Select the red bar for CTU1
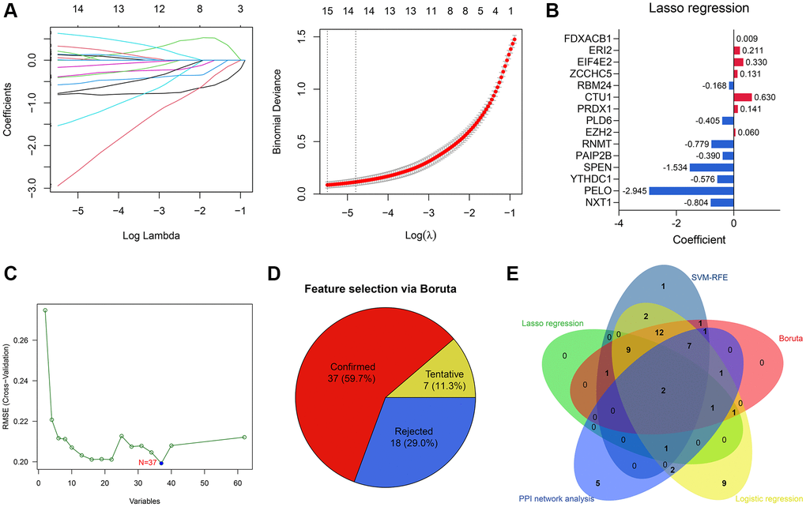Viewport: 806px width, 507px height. click(742, 97)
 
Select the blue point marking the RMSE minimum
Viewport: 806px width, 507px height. click(161, 463)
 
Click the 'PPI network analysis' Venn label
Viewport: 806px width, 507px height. click(557, 498)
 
